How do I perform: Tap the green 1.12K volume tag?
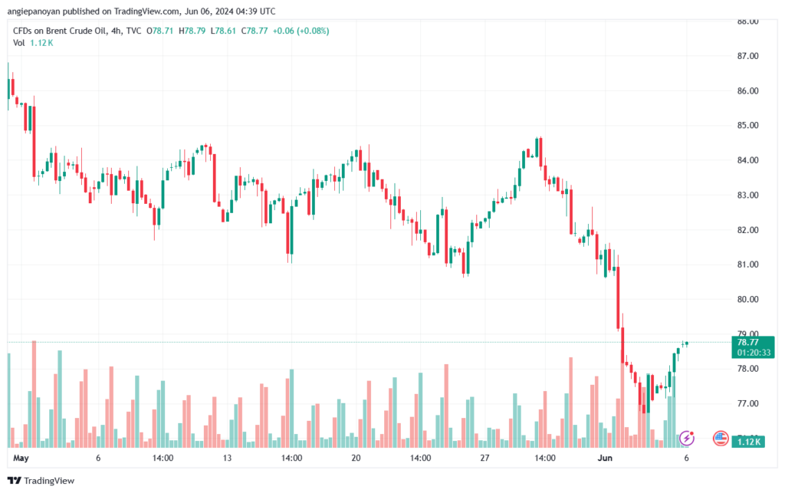(747, 442)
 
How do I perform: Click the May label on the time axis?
(21, 458)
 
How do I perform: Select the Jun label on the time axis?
(605, 458)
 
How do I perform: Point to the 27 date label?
(484, 458)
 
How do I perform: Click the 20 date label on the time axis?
(356, 458)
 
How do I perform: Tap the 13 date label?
(227, 458)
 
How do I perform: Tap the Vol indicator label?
(19, 43)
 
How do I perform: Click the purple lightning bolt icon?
(688, 439)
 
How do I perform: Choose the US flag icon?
(721, 439)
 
